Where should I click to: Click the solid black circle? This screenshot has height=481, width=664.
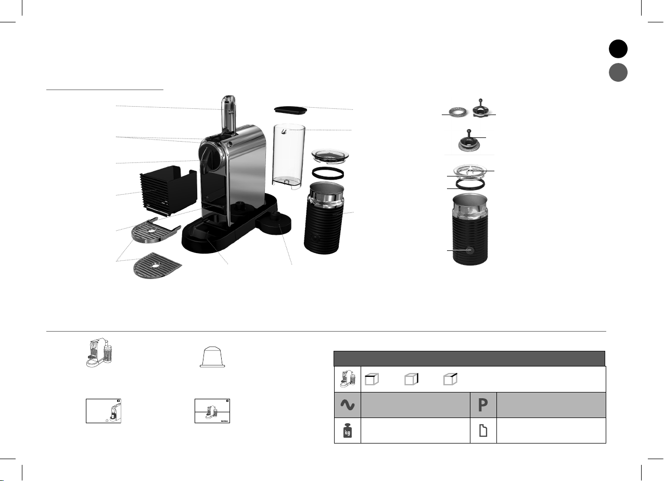coord(618,48)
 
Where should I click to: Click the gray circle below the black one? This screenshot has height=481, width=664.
coord(618,72)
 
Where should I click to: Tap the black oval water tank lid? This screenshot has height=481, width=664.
coord(290,110)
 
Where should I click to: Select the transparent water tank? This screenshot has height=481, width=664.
coord(288,157)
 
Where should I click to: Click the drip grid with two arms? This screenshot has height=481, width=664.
coord(155,231)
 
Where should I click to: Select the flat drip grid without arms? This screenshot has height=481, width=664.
coord(157,265)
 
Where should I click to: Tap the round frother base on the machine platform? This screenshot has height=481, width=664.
coord(275,222)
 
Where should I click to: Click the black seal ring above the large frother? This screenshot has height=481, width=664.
coord(327,173)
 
